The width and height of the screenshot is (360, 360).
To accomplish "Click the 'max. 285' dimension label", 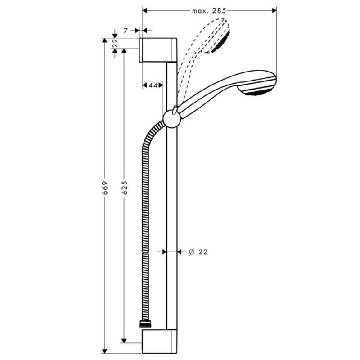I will (208, 9).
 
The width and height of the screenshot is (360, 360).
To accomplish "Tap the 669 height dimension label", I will (105, 188).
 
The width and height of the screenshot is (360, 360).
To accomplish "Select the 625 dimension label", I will (125, 188).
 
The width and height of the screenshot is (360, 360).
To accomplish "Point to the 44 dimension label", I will (153, 85).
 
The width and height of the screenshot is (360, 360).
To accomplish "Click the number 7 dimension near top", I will (126, 31).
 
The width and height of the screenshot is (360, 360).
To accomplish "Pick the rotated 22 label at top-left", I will (115, 44).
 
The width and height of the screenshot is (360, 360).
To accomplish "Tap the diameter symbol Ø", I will (191, 252).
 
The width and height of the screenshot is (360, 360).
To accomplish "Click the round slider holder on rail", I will (171, 118).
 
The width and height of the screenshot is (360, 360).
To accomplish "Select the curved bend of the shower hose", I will (151, 135).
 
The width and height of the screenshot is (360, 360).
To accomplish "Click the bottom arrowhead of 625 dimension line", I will (125, 339).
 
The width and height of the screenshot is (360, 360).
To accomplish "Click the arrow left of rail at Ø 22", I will (162, 252).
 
